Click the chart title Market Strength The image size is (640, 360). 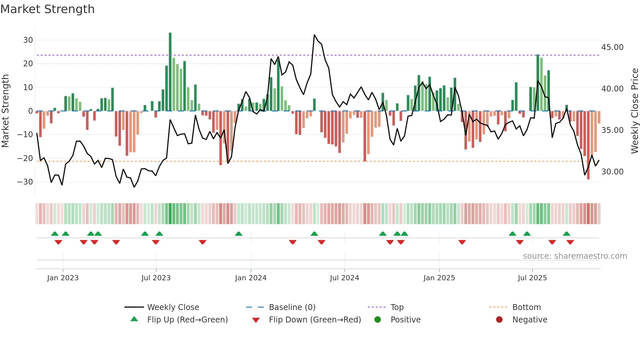click(x=47, y=9)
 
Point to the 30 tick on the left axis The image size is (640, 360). click(x=28, y=40)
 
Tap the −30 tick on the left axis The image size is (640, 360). click(x=25, y=182)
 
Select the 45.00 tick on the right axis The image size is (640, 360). click(x=612, y=47)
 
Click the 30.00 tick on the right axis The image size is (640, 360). click(x=612, y=172)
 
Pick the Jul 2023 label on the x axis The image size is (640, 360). click(x=156, y=278)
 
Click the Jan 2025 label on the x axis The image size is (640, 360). click(x=439, y=278)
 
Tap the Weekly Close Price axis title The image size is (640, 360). click(x=634, y=111)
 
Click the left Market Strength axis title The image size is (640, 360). click(x=5, y=111)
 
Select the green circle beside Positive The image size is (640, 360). click(x=378, y=320)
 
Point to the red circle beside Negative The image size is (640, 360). click(x=499, y=320)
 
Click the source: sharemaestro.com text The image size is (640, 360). click(x=575, y=256)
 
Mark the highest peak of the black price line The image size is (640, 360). click(x=314, y=35)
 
